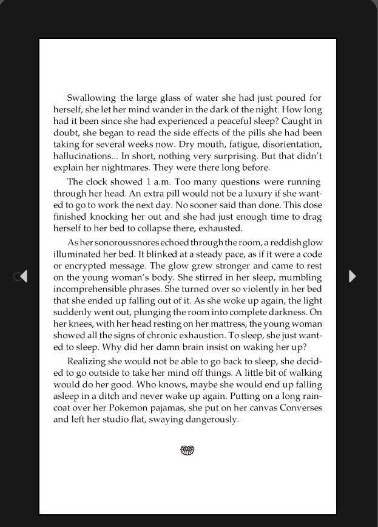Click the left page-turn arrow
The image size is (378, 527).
click(x=23, y=276)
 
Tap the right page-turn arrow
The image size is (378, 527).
click(x=353, y=276)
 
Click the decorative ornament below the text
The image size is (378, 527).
click(x=187, y=450)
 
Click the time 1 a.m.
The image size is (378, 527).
click(x=153, y=182)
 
